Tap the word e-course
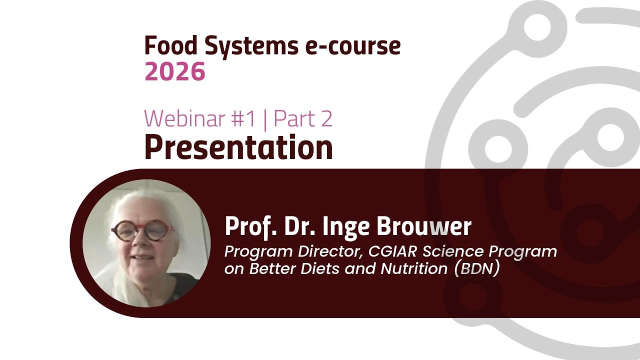[x=353, y=46]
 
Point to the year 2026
[x=175, y=72]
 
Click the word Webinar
[x=184, y=118]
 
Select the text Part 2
[x=303, y=118]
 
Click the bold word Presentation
[x=238, y=147]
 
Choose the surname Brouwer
[x=424, y=226]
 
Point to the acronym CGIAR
[x=385, y=251]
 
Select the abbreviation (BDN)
[x=477, y=268]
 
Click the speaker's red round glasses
[x=143, y=230]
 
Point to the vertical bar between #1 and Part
[x=264, y=119]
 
